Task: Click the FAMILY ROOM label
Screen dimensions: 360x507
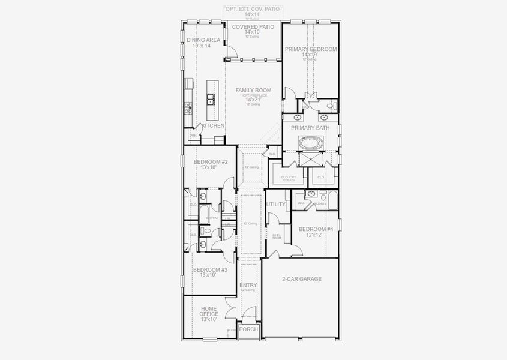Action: pos(253,90)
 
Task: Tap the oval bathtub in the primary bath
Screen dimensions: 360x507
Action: pos(311,144)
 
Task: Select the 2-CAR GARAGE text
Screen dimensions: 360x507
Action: pos(301,279)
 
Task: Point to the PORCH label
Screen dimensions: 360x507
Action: pos(248,329)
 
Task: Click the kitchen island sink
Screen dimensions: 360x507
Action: pos(211,98)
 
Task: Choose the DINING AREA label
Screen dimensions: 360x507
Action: pos(203,40)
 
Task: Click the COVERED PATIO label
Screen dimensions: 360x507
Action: pos(253,27)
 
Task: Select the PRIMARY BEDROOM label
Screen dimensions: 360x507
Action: pos(310,49)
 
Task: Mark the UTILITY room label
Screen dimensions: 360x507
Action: pos(277,205)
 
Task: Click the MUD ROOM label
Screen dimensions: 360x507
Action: pos(277,236)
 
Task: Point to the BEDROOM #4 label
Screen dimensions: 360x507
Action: pos(316,229)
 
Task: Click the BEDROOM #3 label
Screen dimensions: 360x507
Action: pos(210,270)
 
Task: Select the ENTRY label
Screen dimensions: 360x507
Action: pos(248,286)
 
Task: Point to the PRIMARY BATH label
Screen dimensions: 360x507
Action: pos(310,128)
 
